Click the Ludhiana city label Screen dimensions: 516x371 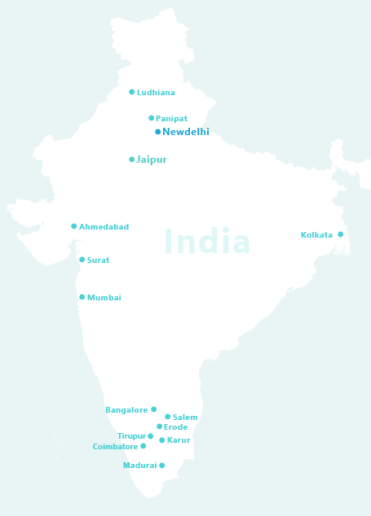pyautogui.click(x=156, y=93)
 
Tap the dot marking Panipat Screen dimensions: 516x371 pyautogui.click(x=152, y=118)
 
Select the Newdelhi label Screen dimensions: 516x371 pyautogui.click(x=186, y=132)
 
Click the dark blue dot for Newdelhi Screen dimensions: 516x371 pyautogui.click(x=158, y=132)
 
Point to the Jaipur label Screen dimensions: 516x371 pyautogui.click(x=152, y=160)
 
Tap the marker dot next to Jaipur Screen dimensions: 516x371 pyautogui.click(x=132, y=160)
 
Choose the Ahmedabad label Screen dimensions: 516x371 pyautogui.click(x=104, y=227)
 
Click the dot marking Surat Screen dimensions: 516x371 pyautogui.click(x=82, y=260)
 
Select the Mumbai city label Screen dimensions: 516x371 pyautogui.click(x=104, y=298)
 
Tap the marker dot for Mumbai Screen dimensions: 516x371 pyautogui.click(x=82, y=297)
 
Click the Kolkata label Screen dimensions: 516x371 pyautogui.click(x=316, y=235)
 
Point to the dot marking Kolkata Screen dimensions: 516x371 pyautogui.click(x=341, y=234)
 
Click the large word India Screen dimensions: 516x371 pyautogui.click(x=207, y=242)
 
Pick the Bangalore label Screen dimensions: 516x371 pyautogui.click(x=126, y=410)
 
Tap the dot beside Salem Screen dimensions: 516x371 pyautogui.click(x=168, y=417)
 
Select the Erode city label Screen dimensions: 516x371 pyautogui.click(x=175, y=427)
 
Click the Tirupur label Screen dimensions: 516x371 pyautogui.click(x=131, y=437)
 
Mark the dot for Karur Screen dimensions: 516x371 pyautogui.click(x=162, y=440)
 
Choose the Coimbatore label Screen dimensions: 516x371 pyautogui.click(x=115, y=447)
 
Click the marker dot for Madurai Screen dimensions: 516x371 pyautogui.click(x=162, y=466)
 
